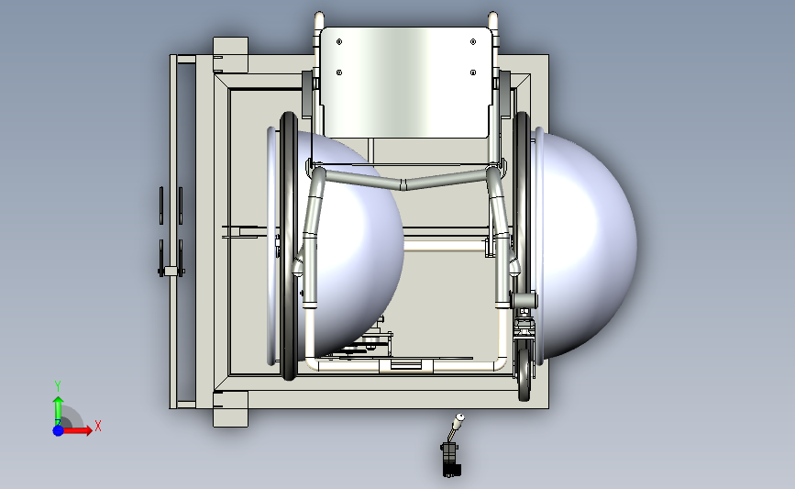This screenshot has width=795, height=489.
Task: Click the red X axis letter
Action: tap(98, 426)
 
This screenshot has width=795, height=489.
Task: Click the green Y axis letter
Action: tap(58, 386)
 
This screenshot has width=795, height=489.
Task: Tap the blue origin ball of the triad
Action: tap(58, 430)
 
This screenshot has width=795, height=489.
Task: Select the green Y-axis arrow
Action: tap(58, 411)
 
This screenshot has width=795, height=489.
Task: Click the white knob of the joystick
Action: tap(459, 417)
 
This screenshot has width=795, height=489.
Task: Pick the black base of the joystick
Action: tap(451, 460)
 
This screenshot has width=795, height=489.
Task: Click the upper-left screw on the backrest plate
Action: tap(339, 41)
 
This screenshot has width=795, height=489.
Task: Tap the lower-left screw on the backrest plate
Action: tap(339, 72)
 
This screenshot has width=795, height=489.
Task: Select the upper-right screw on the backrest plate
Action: tap(473, 41)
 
